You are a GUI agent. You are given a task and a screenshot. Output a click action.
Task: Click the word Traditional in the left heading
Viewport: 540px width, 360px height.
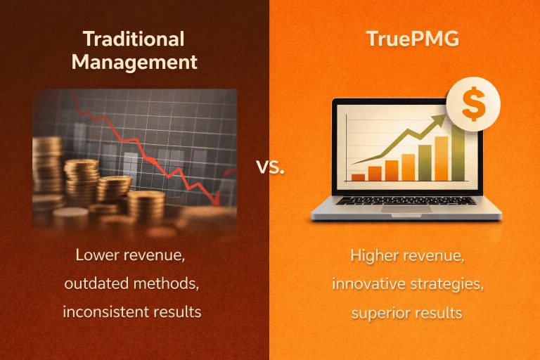click(133, 39)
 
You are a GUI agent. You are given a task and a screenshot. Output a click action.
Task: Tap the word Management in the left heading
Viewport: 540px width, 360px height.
click(134, 62)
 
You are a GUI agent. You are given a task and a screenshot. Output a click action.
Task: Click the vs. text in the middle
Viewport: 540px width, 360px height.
click(271, 167)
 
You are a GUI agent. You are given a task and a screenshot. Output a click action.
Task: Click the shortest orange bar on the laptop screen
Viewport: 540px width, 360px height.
click(359, 176)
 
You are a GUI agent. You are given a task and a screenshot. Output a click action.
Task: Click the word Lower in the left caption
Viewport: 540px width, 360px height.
click(96, 255)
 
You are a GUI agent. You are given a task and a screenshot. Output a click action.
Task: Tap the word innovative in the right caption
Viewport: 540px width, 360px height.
click(368, 283)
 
